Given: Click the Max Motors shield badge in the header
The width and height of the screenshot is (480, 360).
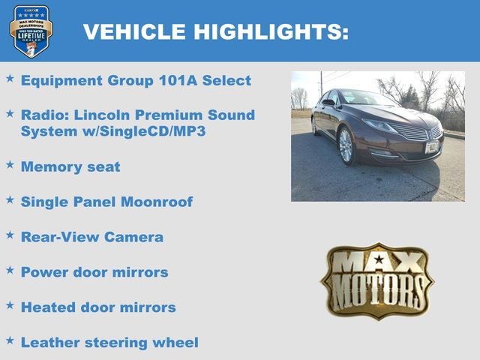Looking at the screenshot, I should pyautogui.click(x=31, y=31).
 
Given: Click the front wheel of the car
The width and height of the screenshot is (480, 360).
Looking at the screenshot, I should pyautogui.click(x=346, y=146).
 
